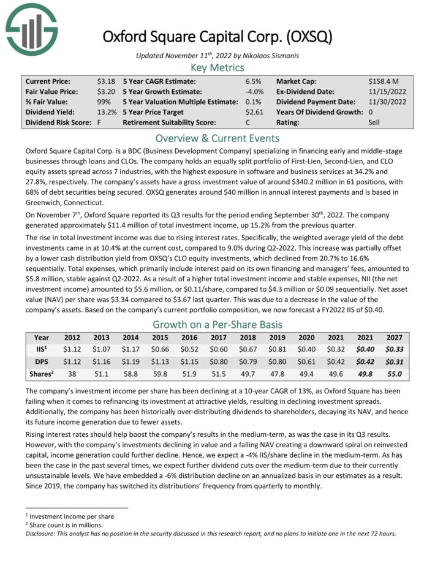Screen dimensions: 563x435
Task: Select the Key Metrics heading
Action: [x=217, y=67]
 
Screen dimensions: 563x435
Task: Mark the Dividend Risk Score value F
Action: [x=99, y=123]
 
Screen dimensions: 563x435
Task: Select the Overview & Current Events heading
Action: [x=217, y=138]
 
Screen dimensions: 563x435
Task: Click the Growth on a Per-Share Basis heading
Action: [x=217, y=324]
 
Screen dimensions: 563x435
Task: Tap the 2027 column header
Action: [x=393, y=338]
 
